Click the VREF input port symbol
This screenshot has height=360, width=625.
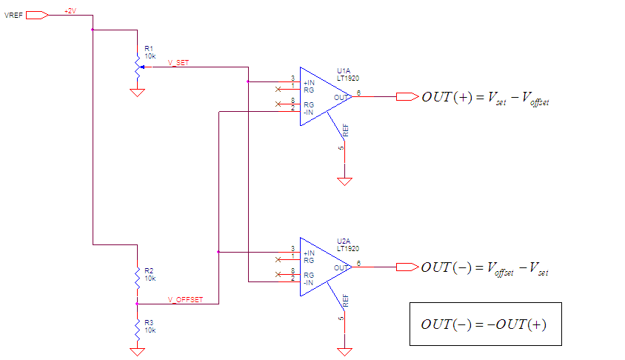37,15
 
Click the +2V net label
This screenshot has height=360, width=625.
70,11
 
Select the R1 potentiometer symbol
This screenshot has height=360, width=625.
138,67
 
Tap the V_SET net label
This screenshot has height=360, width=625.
178,62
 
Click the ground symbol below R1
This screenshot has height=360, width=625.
137,93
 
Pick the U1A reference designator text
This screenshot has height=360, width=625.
344,71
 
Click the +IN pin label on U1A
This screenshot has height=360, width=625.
309,82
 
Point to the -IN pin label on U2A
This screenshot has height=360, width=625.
308,283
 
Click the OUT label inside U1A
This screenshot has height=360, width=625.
341,97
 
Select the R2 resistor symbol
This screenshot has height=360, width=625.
138,279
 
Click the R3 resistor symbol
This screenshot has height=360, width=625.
138,330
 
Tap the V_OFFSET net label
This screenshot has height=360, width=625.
185,299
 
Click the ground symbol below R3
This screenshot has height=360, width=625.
137,352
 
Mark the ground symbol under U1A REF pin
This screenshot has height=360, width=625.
344,181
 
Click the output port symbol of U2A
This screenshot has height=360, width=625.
407,267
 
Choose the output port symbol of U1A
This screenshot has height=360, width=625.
407,96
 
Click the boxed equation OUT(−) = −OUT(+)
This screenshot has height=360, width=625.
486,324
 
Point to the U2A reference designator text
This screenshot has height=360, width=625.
344,241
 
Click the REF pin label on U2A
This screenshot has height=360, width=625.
346,301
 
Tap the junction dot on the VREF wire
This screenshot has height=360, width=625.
93,30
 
